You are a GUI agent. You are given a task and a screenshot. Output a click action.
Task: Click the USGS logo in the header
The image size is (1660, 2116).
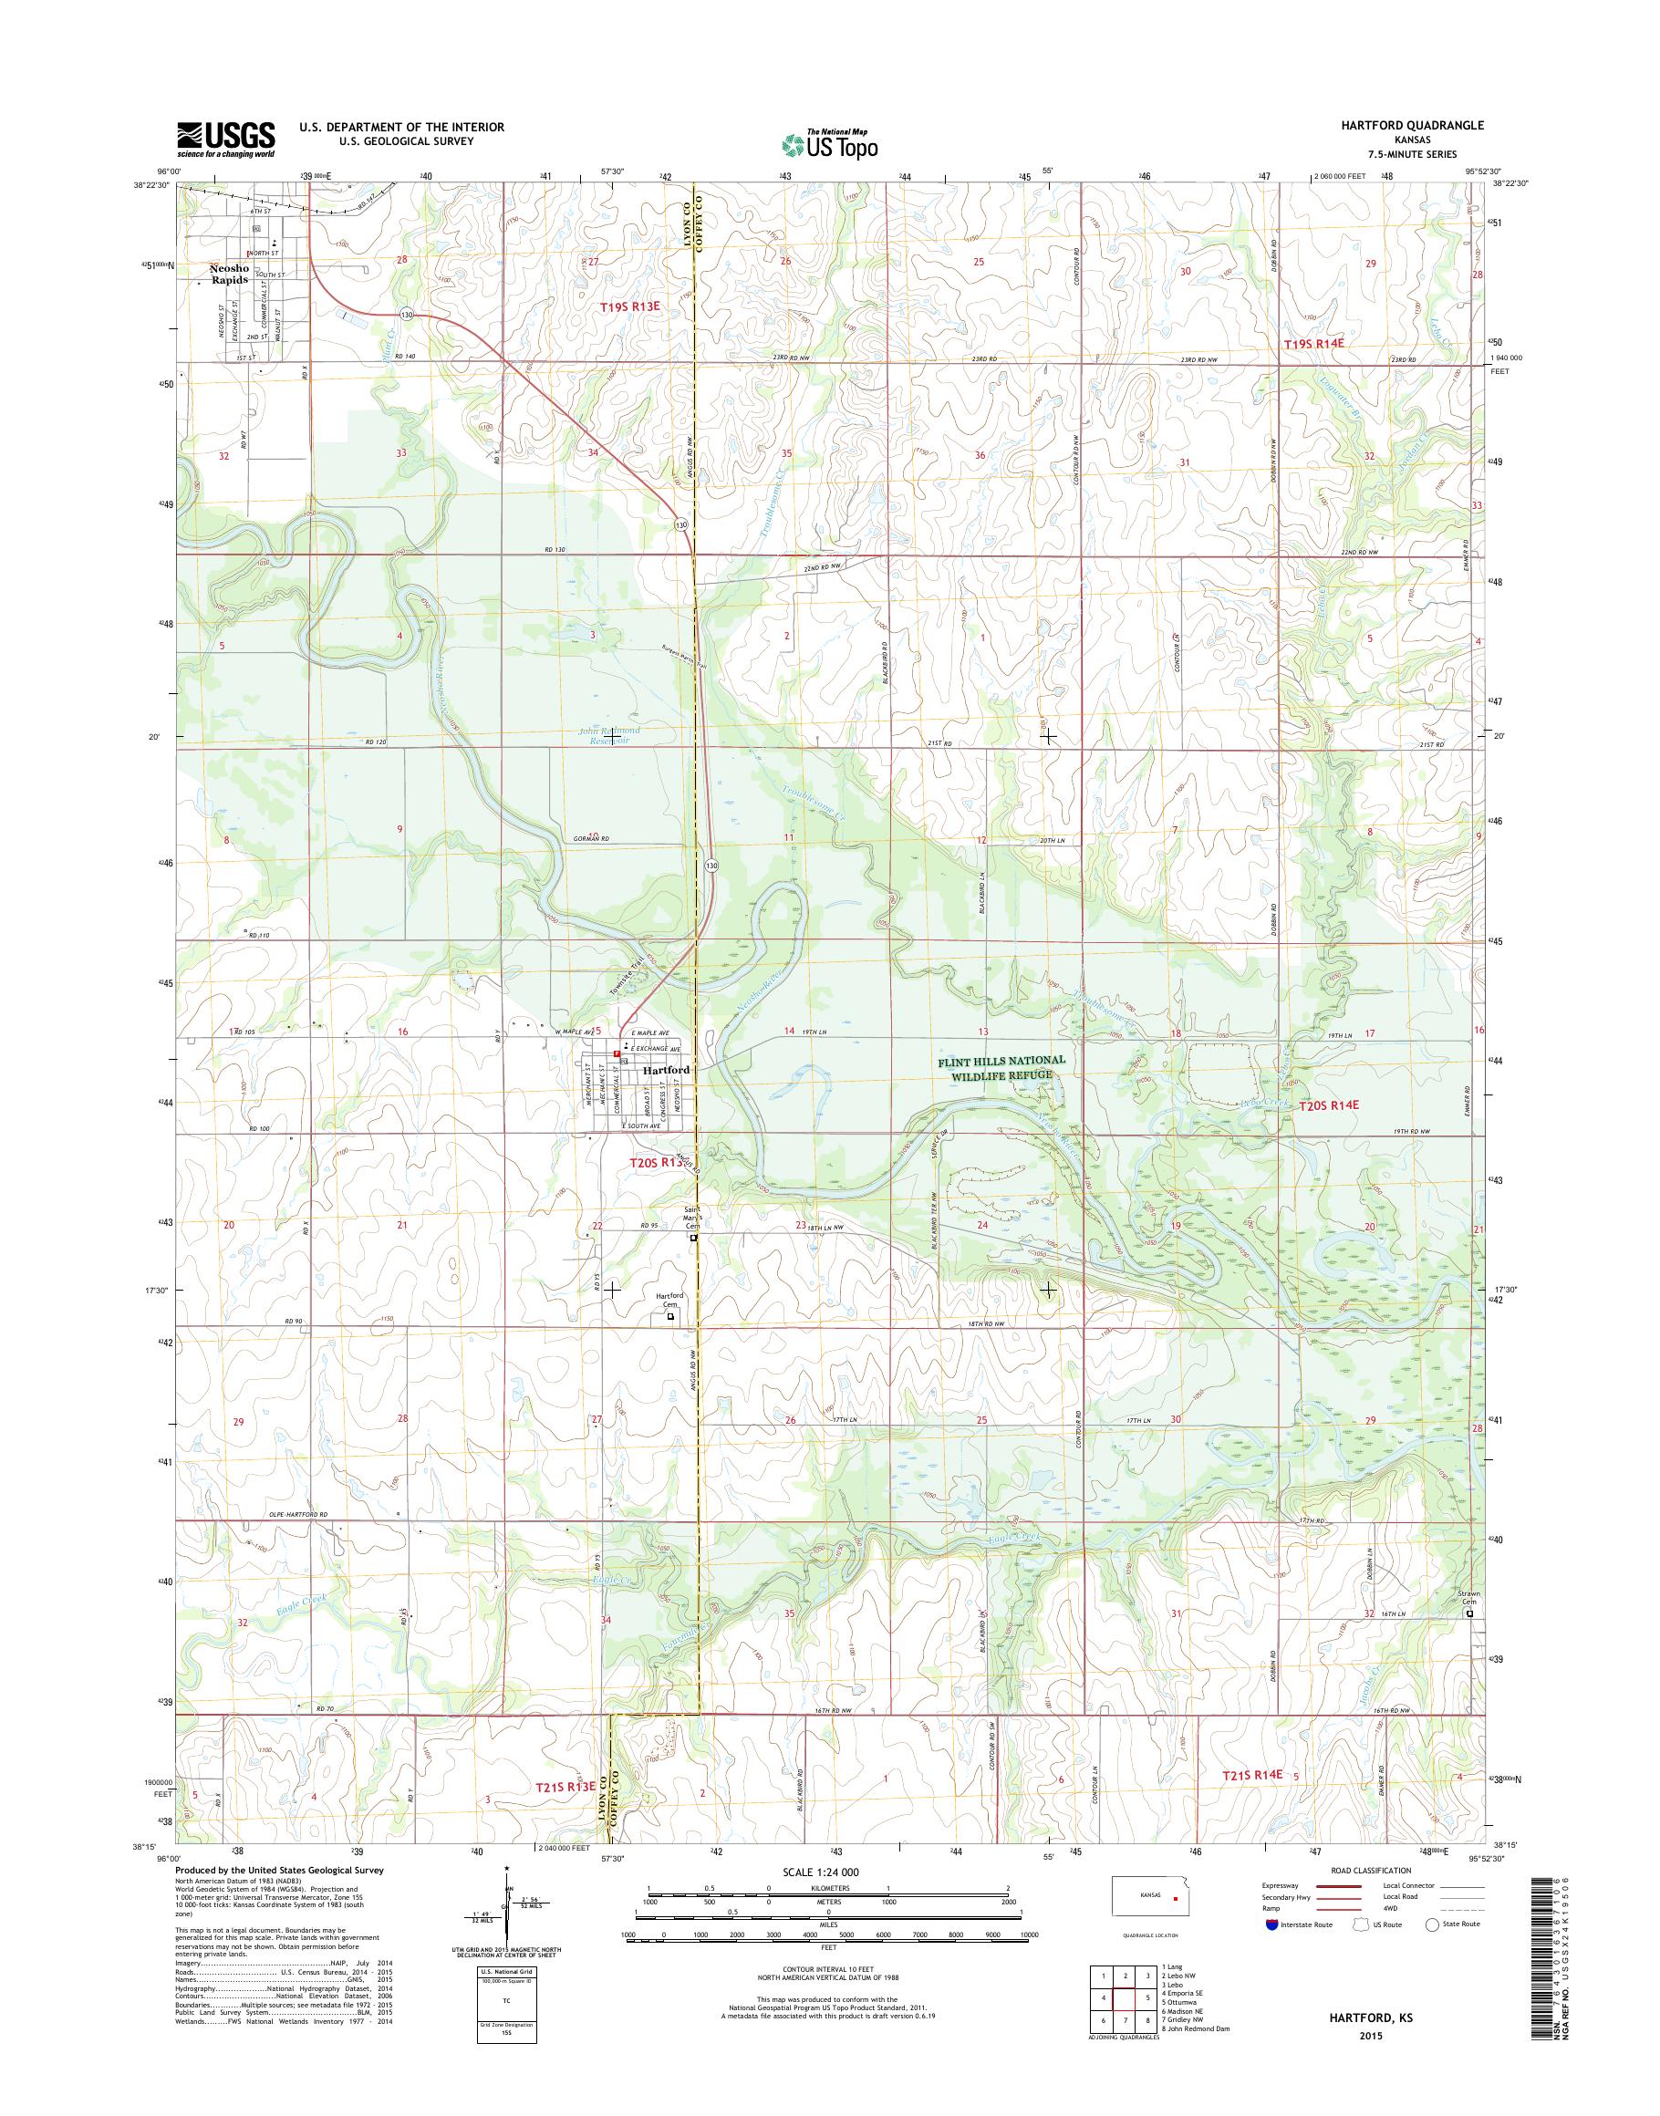[225, 139]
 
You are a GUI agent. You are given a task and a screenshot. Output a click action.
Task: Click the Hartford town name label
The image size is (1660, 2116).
[667, 1069]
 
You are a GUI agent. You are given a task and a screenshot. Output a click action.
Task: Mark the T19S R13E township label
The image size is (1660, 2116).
[628, 307]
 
